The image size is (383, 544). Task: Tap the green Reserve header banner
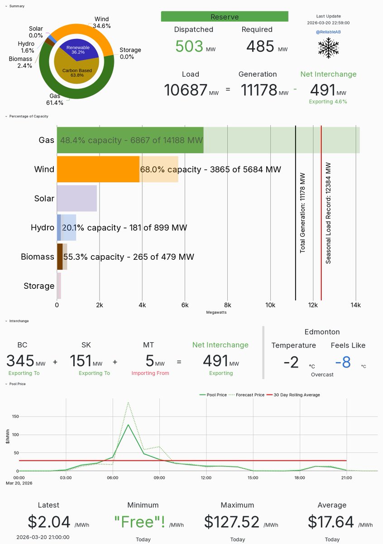point(225,17)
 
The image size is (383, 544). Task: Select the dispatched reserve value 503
point(189,46)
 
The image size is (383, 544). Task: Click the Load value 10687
point(186,90)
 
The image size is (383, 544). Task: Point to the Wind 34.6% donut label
point(102,23)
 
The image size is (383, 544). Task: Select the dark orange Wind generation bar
point(98,170)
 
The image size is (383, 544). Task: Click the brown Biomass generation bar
point(60,257)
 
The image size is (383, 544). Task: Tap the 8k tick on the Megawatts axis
point(228,305)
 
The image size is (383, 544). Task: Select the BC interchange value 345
point(20,361)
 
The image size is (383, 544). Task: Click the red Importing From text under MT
point(150,373)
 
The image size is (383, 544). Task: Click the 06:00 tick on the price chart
point(113,477)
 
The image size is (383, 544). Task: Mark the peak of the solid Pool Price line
point(128,425)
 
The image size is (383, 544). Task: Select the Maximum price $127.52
point(232,522)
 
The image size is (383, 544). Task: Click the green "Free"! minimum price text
point(139,522)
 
